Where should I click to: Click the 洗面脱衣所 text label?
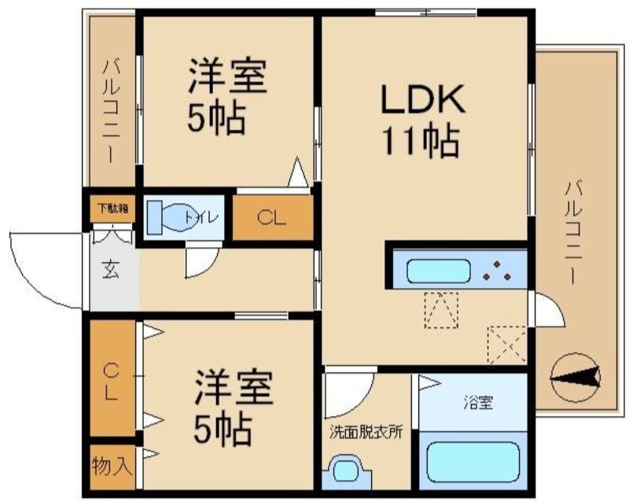tap(366, 432)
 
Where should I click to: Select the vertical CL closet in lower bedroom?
tap(111, 382)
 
